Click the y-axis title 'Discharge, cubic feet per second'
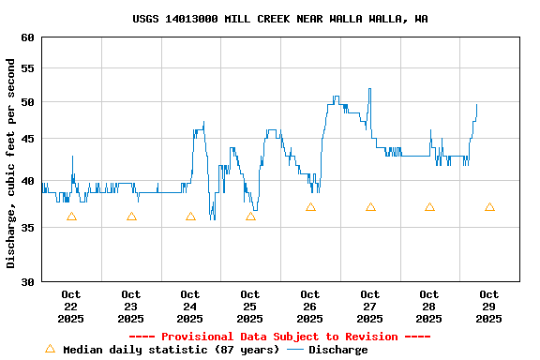[x=11, y=163]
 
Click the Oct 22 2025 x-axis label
[x=71, y=307]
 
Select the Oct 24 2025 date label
[x=190, y=307]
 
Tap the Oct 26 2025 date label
[x=309, y=307]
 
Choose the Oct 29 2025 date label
[x=488, y=307]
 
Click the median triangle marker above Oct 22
[x=71, y=217]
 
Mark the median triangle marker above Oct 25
[x=250, y=217]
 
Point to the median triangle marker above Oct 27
[x=370, y=207]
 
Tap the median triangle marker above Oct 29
[x=489, y=207]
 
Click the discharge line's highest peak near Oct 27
[x=369, y=89]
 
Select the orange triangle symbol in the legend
[x=51, y=349]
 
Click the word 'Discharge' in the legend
[x=338, y=350]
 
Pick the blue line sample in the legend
[x=295, y=350]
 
